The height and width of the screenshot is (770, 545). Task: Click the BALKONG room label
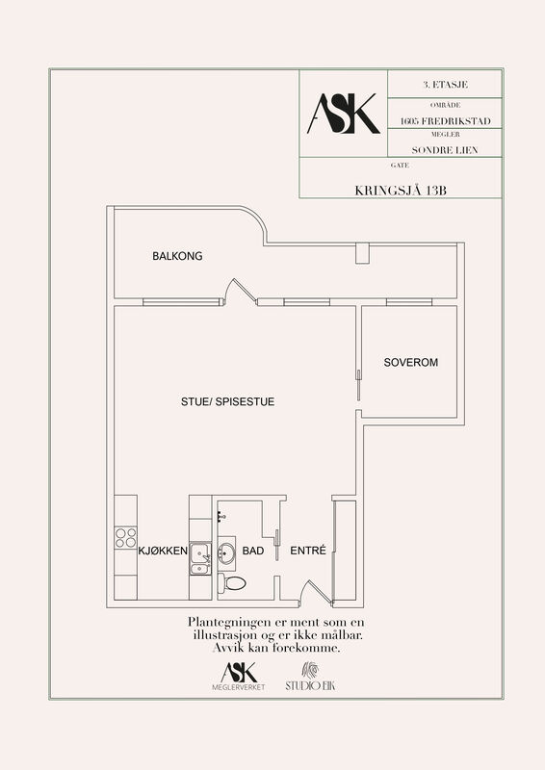click(x=177, y=256)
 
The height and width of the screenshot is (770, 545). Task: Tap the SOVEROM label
click(x=411, y=363)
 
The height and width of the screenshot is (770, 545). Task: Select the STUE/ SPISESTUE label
click(x=227, y=401)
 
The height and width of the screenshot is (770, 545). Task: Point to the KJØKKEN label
click(x=163, y=551)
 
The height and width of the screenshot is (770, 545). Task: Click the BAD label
click(x=253, y=551)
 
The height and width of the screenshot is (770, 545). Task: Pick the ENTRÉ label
click(x=308, y=551)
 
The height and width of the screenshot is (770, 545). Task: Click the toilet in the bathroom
click(x=232, y=583)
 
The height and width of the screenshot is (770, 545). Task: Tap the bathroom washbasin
click(x=227, y=553)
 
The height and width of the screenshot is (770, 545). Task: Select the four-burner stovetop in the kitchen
click(x=125, y=537)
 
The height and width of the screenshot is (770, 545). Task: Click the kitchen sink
click(x=200, y=558)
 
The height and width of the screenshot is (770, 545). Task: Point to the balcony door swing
click(x=240, y=292)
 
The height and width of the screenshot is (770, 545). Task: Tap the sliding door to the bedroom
click(x=359, y=386)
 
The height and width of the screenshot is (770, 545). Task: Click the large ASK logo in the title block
click(x=344, y=114)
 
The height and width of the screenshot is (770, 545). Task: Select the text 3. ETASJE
click(x=445, y=85)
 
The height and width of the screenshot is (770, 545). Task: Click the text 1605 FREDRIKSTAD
click(x=445, y=121)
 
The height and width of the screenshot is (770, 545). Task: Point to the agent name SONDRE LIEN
click(x=445, y=150)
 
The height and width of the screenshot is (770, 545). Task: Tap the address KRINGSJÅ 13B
click(x=401, y=191)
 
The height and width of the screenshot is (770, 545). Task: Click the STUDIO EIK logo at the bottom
click(x=311, y=677)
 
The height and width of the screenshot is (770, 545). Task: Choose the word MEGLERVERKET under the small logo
click(x=239, y=687)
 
